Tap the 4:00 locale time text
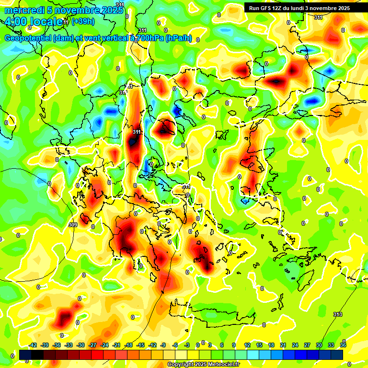34,22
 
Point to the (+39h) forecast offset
82,22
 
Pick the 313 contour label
338,314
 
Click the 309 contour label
73,225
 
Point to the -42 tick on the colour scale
33,345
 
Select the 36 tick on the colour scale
343,345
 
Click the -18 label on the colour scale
128,345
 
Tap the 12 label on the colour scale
247,345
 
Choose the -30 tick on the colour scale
80,345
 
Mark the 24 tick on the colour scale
295,345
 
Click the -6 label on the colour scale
175,345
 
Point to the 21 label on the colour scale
283,345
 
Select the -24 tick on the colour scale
104,345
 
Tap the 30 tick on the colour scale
319,345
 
